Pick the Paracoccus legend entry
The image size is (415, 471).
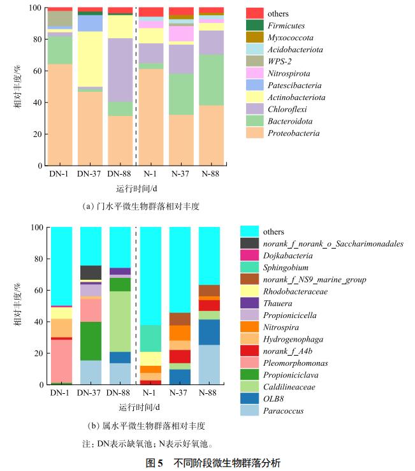click(282, 411)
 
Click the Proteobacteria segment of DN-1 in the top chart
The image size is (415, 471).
click(60, 115)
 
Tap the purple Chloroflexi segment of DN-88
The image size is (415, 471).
click(120, 69)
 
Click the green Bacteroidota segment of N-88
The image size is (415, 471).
click(212, 80)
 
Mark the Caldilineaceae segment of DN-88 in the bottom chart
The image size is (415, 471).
click(120, 322)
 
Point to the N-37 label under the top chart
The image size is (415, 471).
click(182, 173)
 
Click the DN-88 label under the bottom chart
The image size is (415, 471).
click(120, 393)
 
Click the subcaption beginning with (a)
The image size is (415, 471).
click(136, 207)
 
